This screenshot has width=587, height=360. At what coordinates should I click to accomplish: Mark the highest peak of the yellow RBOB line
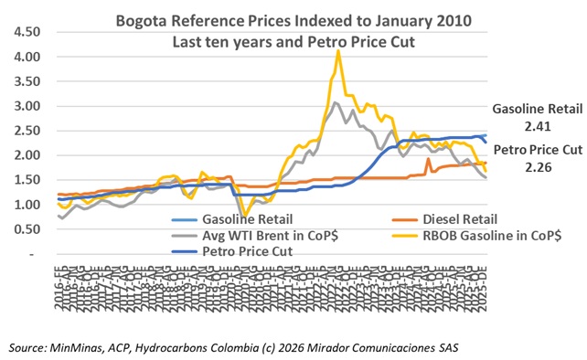(338, 51)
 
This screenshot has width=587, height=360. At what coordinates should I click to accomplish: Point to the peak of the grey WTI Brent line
(336, 103)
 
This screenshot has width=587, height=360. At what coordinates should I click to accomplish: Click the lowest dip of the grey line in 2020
(243, 221)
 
